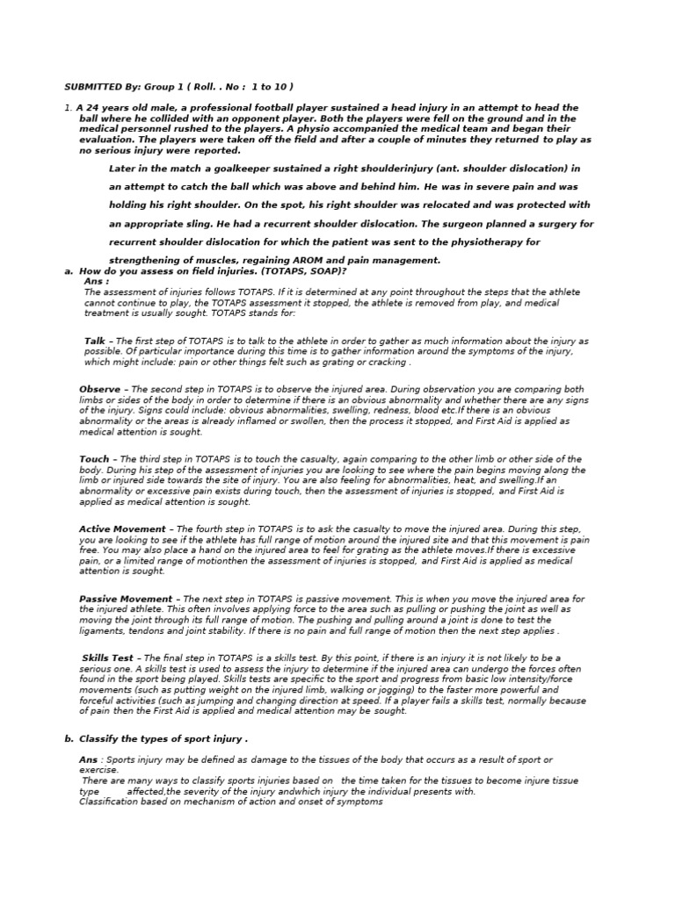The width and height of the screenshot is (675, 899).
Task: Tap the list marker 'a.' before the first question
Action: (69, 271)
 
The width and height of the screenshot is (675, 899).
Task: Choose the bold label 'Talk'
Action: (95, 341)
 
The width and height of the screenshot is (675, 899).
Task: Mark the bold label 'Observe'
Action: (100, 389)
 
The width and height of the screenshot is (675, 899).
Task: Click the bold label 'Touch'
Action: (94, 459)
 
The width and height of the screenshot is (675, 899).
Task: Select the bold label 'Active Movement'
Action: (122, 529)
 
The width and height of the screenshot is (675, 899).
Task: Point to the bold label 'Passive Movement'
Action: (126, 599)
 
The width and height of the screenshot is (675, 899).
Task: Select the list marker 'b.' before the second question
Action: (69, 739)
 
